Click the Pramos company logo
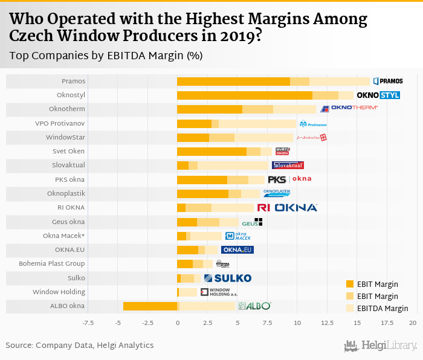[387, 81]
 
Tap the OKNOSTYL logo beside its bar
[378, 95]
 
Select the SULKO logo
[227, 278]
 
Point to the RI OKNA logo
[287, 208]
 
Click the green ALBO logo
[254, 306]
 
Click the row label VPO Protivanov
[60, 123]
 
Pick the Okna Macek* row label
[63, 236]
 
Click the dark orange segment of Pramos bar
[233, 81]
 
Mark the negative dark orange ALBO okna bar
[150, 306]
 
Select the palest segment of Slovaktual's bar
[233, 166]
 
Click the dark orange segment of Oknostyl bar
[244, 95]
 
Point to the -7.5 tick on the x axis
[88, 323]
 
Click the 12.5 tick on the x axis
[328, 323]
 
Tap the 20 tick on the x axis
[413, 323]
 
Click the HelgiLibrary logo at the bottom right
[380, 346]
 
